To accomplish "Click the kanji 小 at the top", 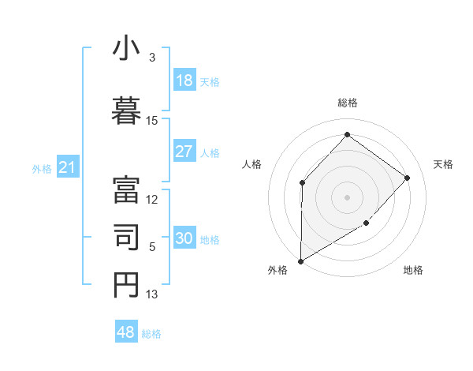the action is pos(127,49).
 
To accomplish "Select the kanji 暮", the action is pos(127,109).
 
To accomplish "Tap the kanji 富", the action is pos(127,188).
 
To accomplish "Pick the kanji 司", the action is pos(127,236).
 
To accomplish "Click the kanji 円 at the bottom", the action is pos(127,284).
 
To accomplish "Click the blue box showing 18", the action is pos(184,81).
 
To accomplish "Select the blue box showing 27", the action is pos(184,152).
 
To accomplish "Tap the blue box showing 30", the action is pos(184,239).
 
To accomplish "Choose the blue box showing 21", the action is pos(67,167).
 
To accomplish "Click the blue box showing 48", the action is pos(126,332).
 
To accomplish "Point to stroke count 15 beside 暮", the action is pos(152,120).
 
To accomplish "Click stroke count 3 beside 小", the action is pos(152,57).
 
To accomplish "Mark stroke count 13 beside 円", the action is pos(152,294).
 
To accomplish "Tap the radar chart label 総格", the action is pos(347,103).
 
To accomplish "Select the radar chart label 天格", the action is pos(443,164).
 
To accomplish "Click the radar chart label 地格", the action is pos(413,270).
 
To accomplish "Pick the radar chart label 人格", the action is pos(251,164).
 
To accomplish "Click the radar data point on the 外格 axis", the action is pos(300,260).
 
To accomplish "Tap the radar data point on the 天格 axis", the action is pos(408,178).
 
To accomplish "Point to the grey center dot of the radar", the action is pos(347,197).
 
